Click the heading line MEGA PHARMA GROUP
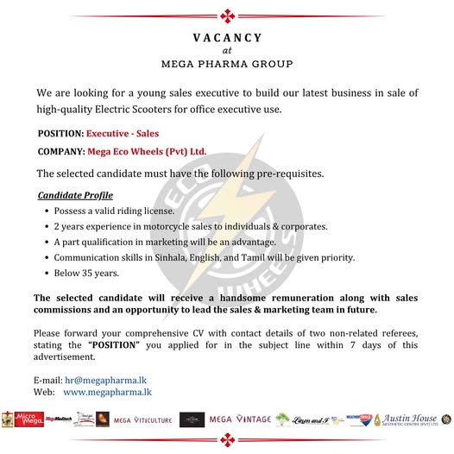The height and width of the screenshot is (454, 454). pos(227,64)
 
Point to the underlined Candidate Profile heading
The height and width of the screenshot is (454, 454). pos(75,195)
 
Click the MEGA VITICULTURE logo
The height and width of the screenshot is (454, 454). pos(142,420)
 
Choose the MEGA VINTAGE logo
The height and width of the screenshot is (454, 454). pos(239,420)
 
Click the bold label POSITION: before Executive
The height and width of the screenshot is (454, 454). pos(60,135)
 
